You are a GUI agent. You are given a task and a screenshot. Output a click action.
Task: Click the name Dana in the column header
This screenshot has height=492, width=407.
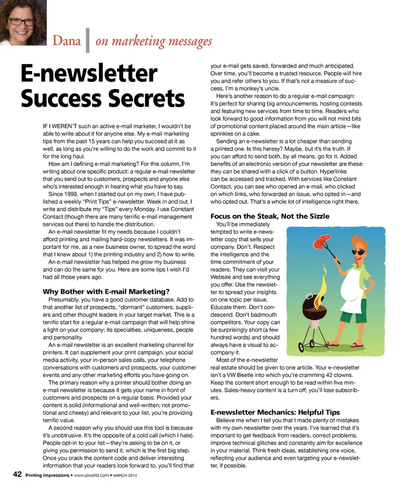(67, 41)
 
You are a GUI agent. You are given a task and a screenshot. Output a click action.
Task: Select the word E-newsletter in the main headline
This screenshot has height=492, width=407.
(89, 74)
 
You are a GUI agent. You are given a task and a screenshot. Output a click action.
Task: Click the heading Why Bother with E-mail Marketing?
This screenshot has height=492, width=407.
(106, 291)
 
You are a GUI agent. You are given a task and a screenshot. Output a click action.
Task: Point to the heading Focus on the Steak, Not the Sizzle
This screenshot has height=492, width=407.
(270, 216)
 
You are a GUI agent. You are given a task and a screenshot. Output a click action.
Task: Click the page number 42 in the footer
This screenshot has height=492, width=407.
(17, 475)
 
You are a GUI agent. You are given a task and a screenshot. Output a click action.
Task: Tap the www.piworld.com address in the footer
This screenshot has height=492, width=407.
(91, 475)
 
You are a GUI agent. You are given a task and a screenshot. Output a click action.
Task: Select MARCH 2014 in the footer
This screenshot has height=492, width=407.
(128, 475)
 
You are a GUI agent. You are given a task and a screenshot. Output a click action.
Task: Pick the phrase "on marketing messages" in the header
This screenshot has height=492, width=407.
(153, 41)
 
